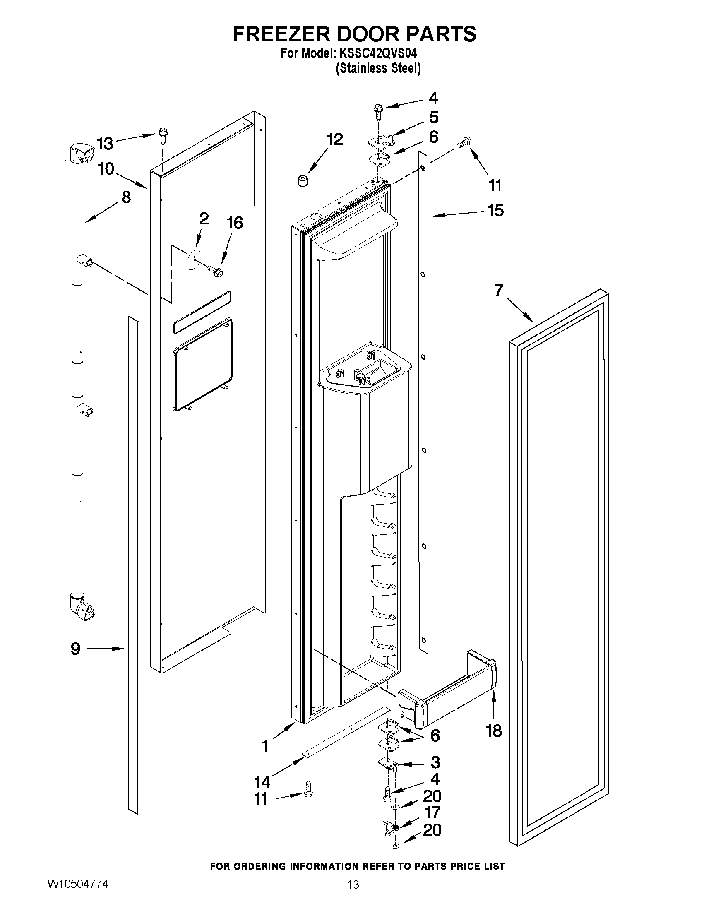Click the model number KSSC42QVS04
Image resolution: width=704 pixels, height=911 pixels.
click(x=377, y=54)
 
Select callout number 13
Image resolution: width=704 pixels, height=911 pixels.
click(x=105, y=144)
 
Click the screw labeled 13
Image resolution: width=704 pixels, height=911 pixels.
click(x=162, y=136)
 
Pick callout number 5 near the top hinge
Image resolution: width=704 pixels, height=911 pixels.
click(x=434, y=118)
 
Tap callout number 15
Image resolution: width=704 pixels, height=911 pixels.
click(x=495, y=211)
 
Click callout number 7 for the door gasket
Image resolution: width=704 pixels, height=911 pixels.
click(x=499, y=290)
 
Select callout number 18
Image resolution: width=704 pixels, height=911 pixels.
click(x=494, y=731)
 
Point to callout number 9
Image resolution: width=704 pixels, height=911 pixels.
click(x=75, y=649)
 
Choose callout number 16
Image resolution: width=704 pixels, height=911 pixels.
click(x=234, y=223)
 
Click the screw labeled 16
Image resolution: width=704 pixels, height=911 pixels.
click(x=215, y=270)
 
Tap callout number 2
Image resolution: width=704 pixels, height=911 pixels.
click(x=204, y=218)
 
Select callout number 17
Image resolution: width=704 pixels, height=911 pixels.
click(x=432, y=812)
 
